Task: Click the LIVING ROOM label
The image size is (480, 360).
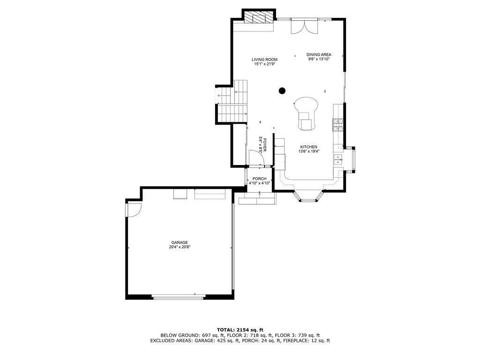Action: (264, 60)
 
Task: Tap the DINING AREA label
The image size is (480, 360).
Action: (319, 54)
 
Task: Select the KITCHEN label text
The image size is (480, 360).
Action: (309, 147)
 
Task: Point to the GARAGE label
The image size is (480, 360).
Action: (180, 242)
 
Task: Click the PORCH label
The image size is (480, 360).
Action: (259, 179)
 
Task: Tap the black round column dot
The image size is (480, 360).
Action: (282, 90)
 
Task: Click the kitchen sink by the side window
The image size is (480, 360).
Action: (337, 159)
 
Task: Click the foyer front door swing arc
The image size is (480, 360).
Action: (264, 158)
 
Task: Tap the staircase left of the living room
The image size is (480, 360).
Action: (232, 101)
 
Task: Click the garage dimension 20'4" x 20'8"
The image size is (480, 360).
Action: (180, 247)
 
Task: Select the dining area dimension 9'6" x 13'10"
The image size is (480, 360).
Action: (319, 60)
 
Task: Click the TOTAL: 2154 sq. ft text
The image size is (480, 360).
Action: (240, 330)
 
